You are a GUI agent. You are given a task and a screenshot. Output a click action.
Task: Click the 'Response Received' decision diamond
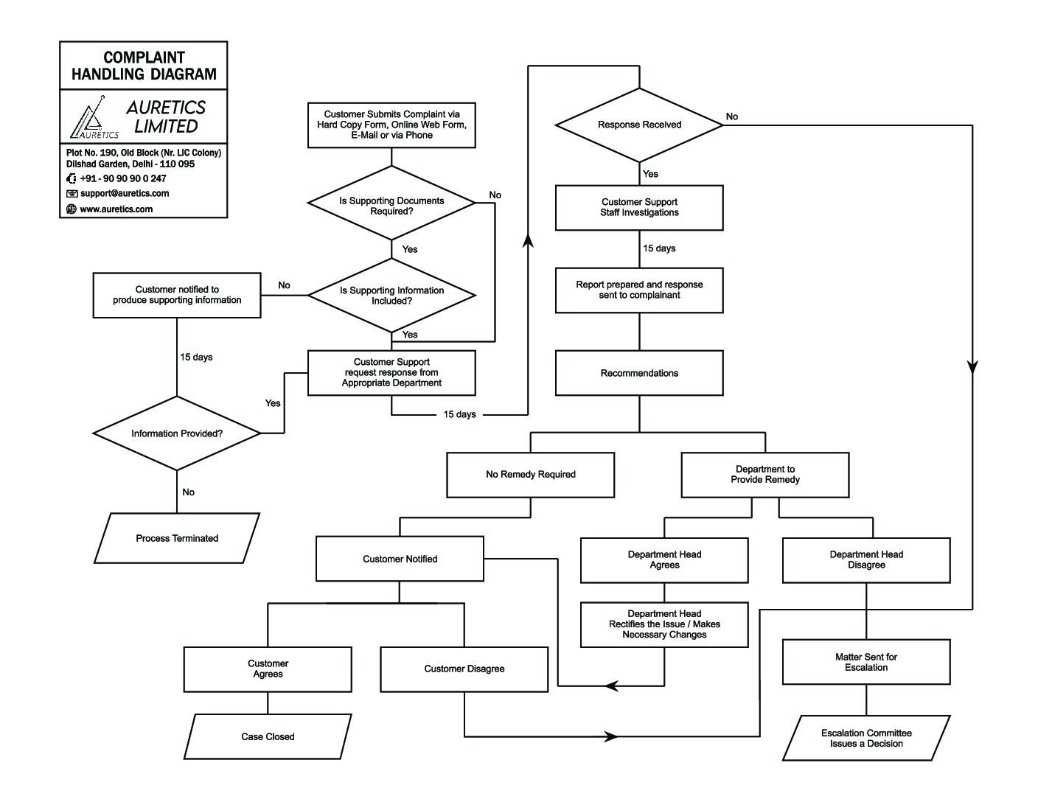(639, 125)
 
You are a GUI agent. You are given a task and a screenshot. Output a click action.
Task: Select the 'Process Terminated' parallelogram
(177, 538)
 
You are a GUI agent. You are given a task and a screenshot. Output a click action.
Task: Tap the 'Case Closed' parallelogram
(268, 736)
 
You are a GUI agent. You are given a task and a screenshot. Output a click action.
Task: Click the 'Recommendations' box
(639, 373)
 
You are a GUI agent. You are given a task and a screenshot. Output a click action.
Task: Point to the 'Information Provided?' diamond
(177, 433)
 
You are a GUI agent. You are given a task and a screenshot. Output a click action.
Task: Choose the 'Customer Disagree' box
(464, 669)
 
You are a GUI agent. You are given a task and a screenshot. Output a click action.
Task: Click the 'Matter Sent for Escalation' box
(866, 662)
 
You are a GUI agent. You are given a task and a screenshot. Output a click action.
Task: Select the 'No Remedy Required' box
(531, 475)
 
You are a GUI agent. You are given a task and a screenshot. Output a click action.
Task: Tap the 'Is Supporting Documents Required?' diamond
(391, 206)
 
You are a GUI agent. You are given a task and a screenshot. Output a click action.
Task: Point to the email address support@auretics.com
(125, 194)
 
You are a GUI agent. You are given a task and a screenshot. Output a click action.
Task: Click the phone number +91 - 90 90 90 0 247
(123, 178)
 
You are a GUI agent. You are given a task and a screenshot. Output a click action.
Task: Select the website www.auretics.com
(116, 209)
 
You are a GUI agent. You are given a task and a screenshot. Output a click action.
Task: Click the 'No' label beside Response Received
(732, 116)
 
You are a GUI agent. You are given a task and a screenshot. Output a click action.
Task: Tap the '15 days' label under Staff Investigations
(659, 248)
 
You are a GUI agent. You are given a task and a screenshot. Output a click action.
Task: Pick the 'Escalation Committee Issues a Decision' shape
(866, 738)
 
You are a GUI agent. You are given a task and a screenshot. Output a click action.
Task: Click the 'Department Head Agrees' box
(664, 560)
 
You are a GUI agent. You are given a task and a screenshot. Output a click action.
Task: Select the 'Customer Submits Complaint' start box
(391, 125)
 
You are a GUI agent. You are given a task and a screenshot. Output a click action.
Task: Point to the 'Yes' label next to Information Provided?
(273, 403)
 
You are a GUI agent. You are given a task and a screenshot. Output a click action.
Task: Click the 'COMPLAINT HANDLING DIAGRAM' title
(144, 66)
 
